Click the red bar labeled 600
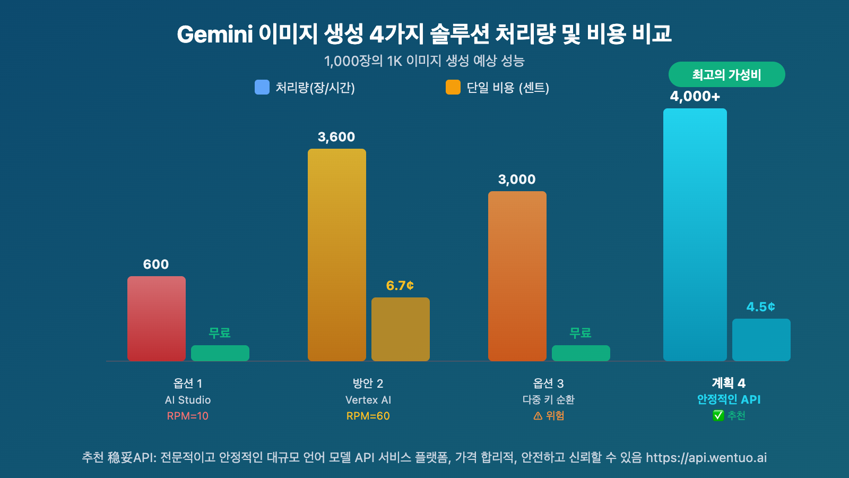[x=157, y=319]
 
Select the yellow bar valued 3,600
[x=337, y=255]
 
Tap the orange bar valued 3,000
[x=517, y=276]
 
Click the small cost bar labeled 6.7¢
[x=401, y=329]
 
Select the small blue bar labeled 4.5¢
[x=761, y=340]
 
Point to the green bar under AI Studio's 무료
[x=220, y=353]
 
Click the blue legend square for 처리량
[x=262, y=87]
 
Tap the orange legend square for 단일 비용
[x=453, y=87]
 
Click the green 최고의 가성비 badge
[x=726, y=74]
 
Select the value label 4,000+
[x=695, y=97]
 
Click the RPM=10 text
[x=188, y=416]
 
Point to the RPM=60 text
[x=368, y=416]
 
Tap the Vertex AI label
[x=368, y=400]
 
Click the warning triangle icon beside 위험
[x=538, y=416]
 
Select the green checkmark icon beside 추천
[x=718, y=415]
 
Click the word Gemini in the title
[x=215, y=35]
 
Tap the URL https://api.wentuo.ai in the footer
[x=706, y=458]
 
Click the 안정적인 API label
[x=729, y=399]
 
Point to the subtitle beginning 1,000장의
[x=424, y=61]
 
